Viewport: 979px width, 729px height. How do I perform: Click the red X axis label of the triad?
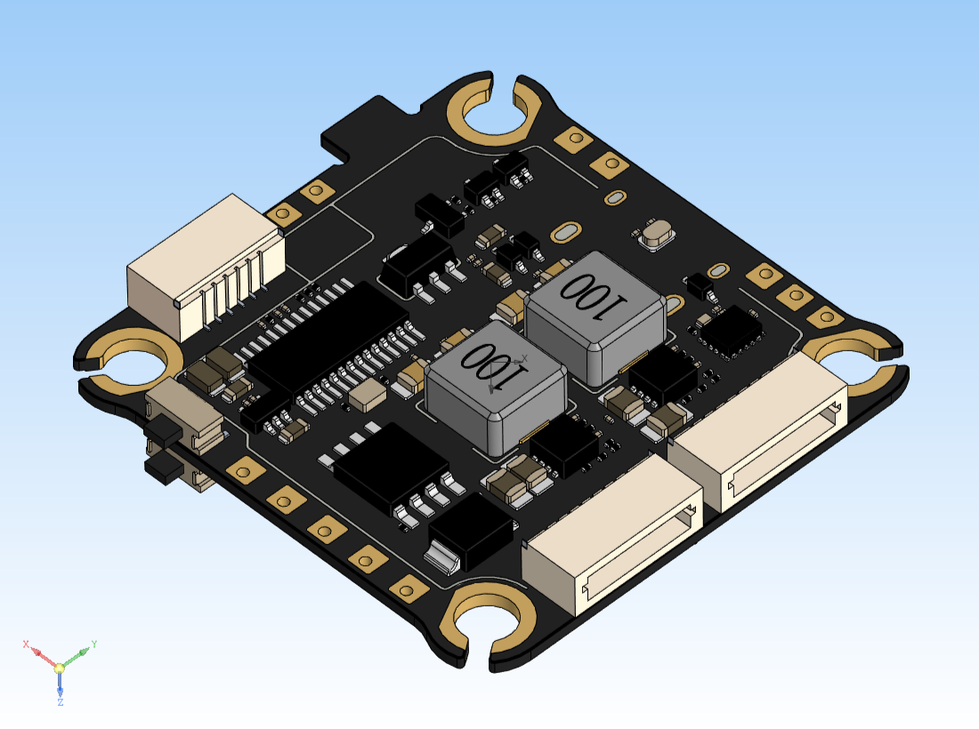pyautogui.click(x=27, y=643)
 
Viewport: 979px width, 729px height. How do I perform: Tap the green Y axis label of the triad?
pyautogui.click(x=93, y=644)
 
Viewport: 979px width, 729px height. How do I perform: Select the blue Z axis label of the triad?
pyautogui.click(x=60, y=702)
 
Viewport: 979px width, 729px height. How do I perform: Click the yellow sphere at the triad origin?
pyautogui.click(x=60, y=667)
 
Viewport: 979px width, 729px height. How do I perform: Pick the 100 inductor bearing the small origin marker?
pyautogui.click(x=495, y=382)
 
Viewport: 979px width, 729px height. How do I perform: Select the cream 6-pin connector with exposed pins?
pyautogui.click(x=206, y=267)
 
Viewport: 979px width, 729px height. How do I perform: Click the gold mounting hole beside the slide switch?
pyautogui.click(x=133, y=361)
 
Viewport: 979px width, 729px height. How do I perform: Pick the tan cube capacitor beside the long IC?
pyautogui.click(x=366, y=397)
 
